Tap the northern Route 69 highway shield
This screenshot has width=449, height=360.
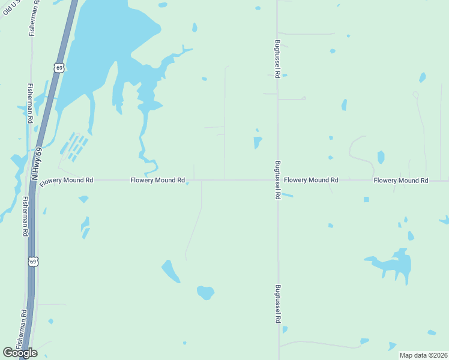pos(58,68)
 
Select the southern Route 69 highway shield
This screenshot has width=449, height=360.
pos(34,261)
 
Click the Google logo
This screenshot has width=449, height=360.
pos(20,353)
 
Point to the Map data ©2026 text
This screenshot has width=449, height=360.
pos(423,355)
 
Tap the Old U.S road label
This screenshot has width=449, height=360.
pos(10,7)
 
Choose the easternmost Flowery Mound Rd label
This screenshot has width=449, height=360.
pos(400,180)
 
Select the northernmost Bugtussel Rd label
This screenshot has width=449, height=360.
pos(278,59)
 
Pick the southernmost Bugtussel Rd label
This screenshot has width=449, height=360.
pos(278,304)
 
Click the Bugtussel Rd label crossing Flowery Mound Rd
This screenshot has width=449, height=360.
pos(278,180)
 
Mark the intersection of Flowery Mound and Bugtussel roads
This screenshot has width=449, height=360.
pos(277,180)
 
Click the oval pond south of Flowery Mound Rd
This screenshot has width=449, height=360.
pos(205,293)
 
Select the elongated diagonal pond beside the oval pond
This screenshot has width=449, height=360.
pos(170,271)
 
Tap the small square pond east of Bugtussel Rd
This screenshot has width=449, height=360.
pos(366,199)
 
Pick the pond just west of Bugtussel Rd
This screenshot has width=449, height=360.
pos(258,143)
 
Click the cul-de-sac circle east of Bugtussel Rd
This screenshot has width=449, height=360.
pos(304,98)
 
